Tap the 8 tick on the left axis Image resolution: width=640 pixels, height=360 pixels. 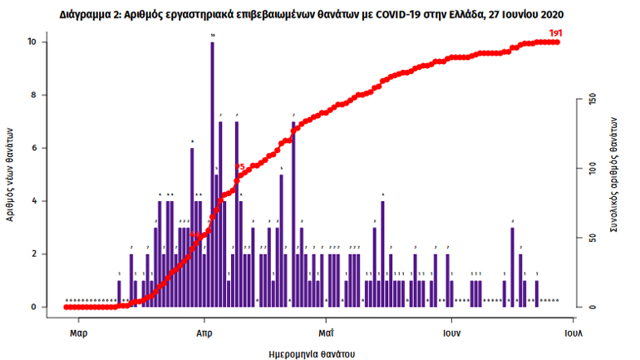(34, 95)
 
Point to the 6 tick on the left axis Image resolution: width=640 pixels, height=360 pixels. (34, 148)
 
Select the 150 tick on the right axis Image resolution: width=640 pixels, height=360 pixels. (593, 99)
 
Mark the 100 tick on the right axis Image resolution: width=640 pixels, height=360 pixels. (593, 169)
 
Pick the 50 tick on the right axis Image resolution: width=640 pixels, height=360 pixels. (593, 239)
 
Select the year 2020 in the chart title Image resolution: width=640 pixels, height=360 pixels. (559, 14)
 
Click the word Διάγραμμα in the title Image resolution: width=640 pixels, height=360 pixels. (88, 14)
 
